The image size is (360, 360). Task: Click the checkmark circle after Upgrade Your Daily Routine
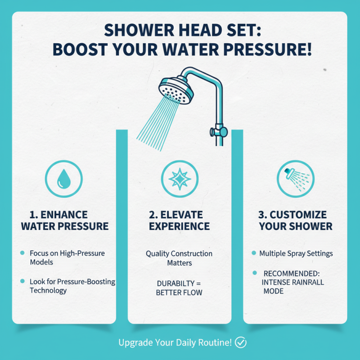(241, 342)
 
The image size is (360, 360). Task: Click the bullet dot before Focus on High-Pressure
(23, 253)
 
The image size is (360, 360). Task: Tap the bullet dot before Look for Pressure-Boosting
(23, 281)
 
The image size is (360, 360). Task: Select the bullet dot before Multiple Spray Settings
(254, 253)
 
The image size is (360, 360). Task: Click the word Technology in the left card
(48, 291)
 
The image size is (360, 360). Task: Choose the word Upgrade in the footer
(134, 342)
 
